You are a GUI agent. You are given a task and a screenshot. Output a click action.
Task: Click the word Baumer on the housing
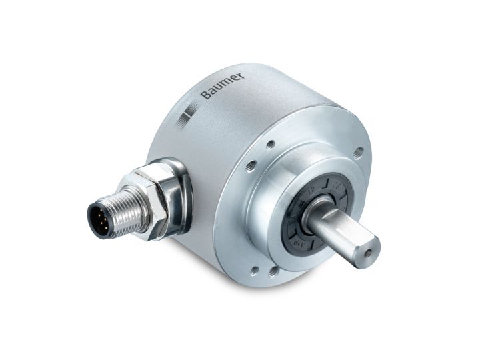222,85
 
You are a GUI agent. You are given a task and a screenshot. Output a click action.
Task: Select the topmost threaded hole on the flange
270,143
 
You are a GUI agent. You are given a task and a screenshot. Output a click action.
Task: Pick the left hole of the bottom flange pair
253,271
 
